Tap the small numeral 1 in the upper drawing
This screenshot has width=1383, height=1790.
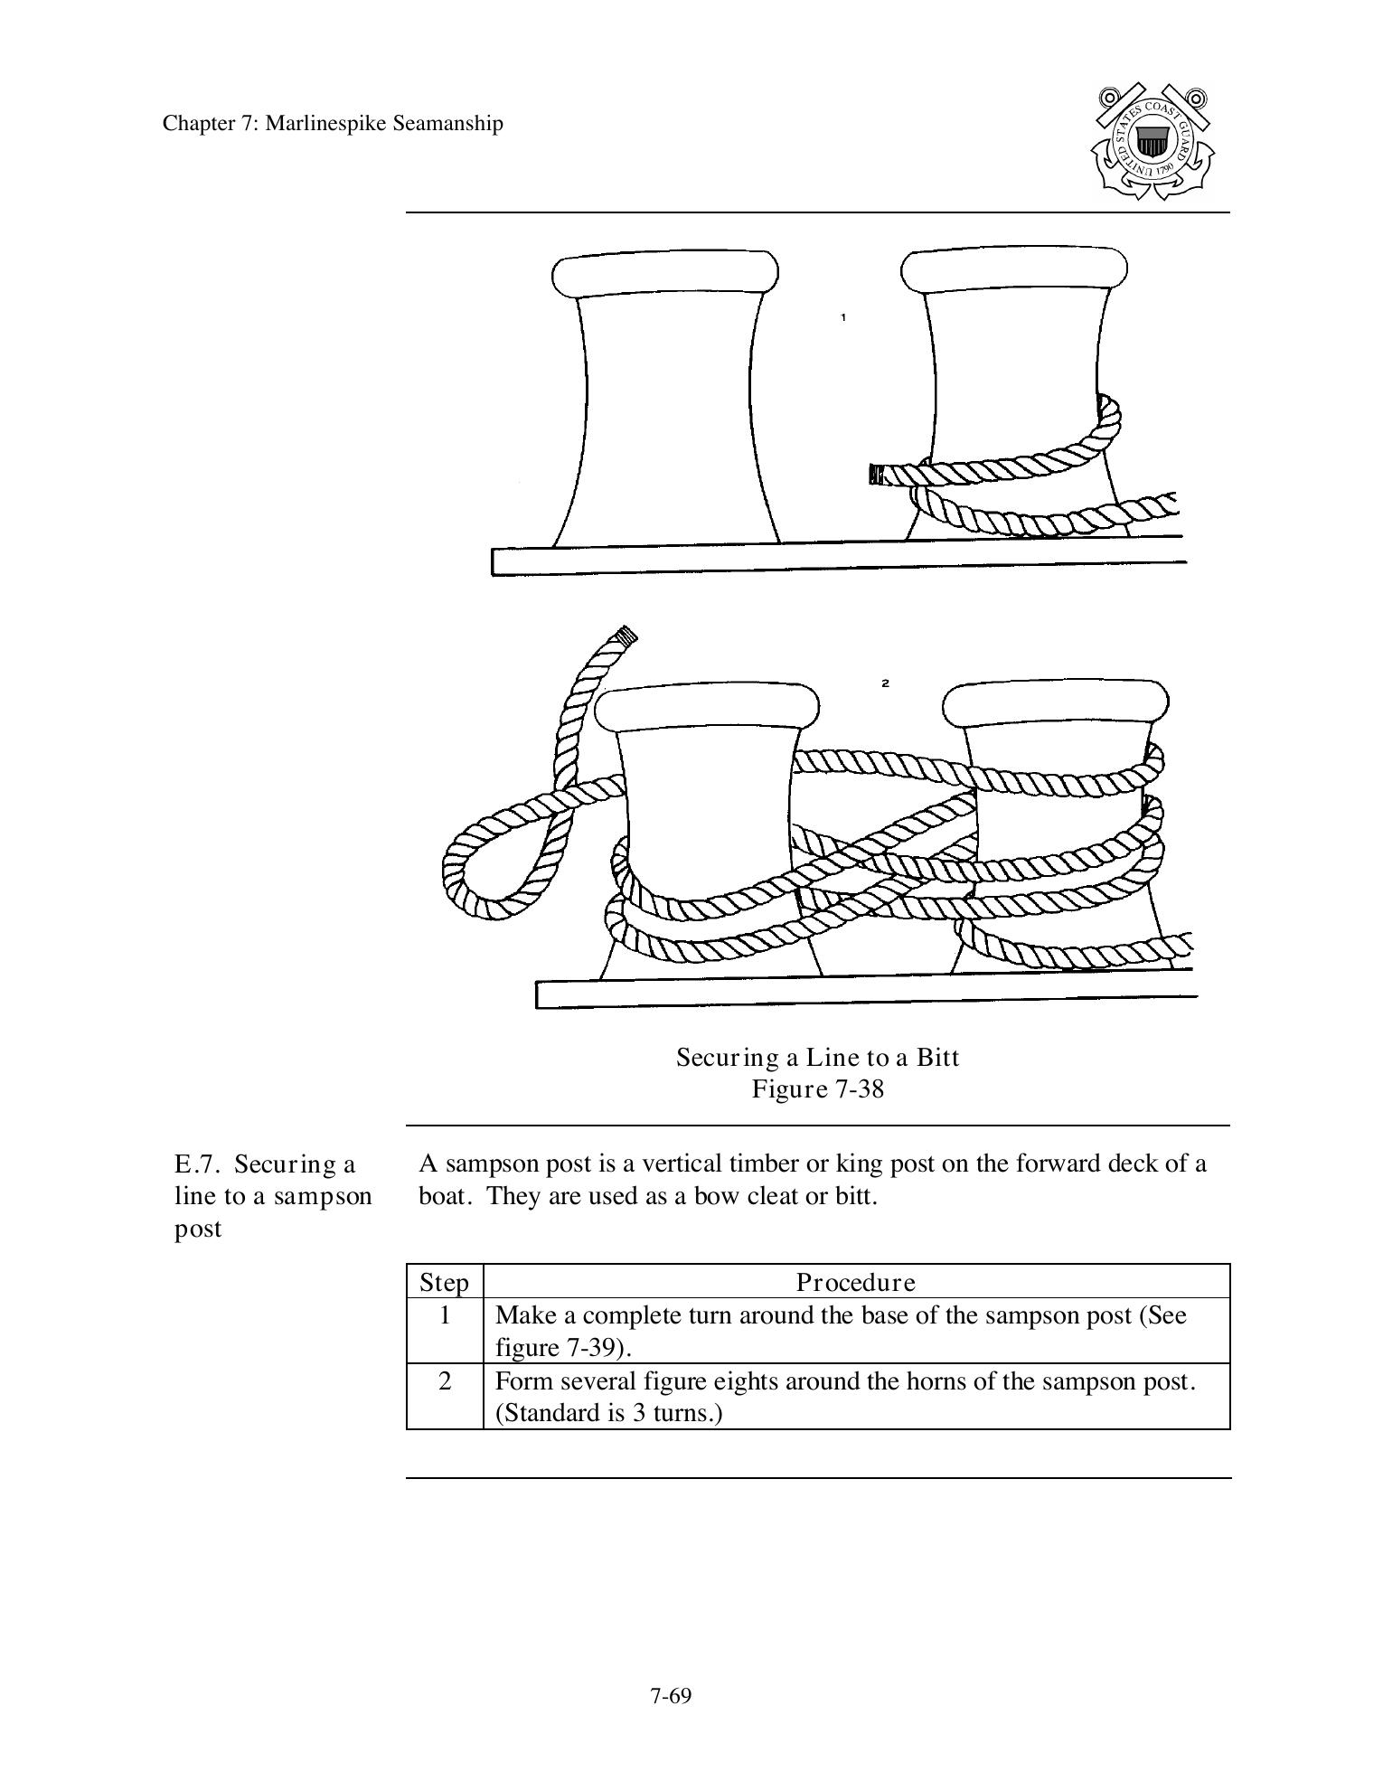843,317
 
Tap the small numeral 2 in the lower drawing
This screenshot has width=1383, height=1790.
885,683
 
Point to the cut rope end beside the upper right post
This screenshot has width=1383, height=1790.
874,474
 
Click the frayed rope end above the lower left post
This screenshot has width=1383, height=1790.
626,635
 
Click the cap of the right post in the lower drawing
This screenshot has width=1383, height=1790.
1055,702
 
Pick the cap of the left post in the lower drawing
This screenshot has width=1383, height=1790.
706,706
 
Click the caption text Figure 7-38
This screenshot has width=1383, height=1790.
817,1088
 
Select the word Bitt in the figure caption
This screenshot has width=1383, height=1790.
936,1057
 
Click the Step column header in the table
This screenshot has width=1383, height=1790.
444,1282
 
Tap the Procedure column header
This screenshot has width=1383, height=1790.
855,1282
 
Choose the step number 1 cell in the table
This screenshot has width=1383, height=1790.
444,1315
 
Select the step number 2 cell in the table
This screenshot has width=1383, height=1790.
444,1381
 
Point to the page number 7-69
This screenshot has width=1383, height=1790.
670,1696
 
